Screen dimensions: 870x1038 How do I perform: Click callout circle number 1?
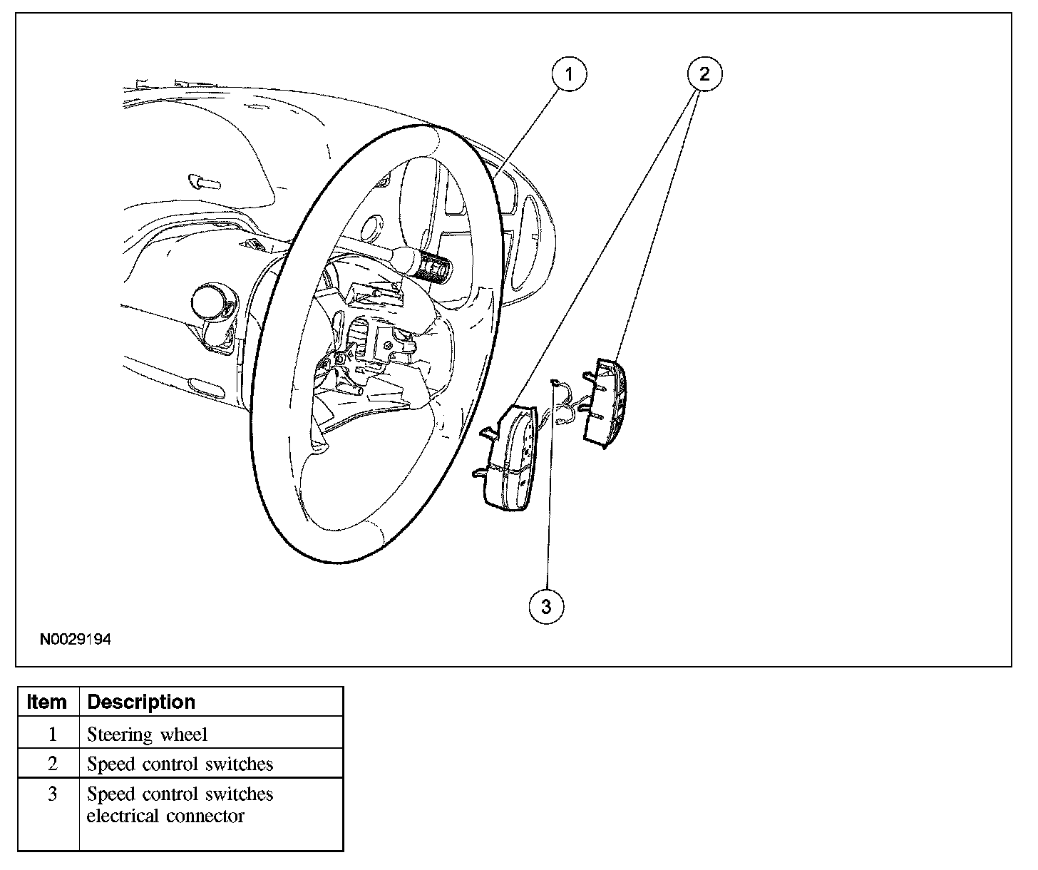coord(569,73)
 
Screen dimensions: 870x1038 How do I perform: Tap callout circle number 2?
coord(704,73)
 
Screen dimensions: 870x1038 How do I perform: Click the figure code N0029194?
coord(76,640)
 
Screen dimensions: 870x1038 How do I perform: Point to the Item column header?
coord(47,702)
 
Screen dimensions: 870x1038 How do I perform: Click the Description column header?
coord(141,702)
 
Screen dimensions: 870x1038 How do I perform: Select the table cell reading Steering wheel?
coord(147,735)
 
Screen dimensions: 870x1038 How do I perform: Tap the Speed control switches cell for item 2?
coord(180,764)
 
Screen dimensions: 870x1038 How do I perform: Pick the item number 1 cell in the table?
coord(52,735)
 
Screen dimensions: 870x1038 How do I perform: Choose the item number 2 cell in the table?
coord(52,764)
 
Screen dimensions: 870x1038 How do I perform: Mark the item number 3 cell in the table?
coord(52,794)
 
